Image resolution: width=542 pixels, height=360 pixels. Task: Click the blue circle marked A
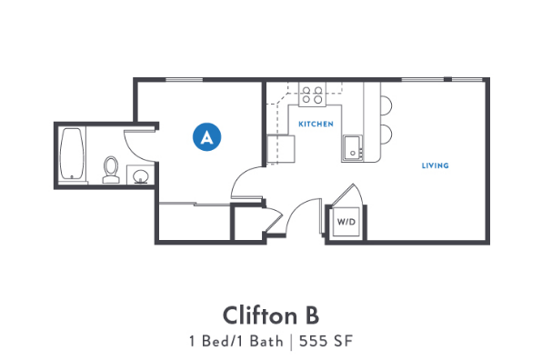coord(207,137)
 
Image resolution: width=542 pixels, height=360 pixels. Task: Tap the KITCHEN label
coord(316,124)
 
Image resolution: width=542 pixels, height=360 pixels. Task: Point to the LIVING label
coord(435,165)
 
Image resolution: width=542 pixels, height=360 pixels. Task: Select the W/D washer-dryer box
coord(346,222)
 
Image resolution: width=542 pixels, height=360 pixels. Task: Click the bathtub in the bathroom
coord(73,155)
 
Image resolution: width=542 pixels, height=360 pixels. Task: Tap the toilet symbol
coord(111,169)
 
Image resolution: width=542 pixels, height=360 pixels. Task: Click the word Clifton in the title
coord(256,315)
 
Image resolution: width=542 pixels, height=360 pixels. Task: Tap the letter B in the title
coord(310,315)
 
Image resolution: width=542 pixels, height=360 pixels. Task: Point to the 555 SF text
coord(326,342)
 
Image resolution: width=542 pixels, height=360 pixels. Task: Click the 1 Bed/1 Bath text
coord(236,342)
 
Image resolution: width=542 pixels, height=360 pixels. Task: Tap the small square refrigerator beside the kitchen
coord(281,148)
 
